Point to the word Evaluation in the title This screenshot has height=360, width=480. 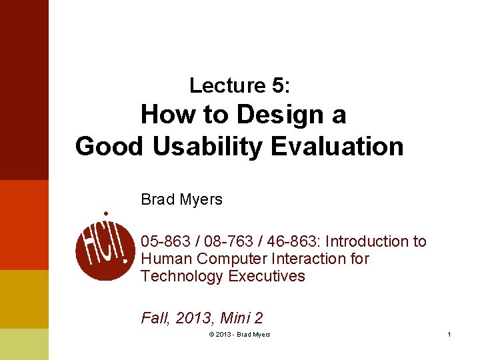[337, 146]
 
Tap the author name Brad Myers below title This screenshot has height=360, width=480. [181, 199]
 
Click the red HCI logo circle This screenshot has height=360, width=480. [105, 247]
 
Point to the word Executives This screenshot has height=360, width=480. [266, 276]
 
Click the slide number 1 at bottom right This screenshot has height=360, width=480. [449, 335]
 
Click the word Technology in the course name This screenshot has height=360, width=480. [182, 276]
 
